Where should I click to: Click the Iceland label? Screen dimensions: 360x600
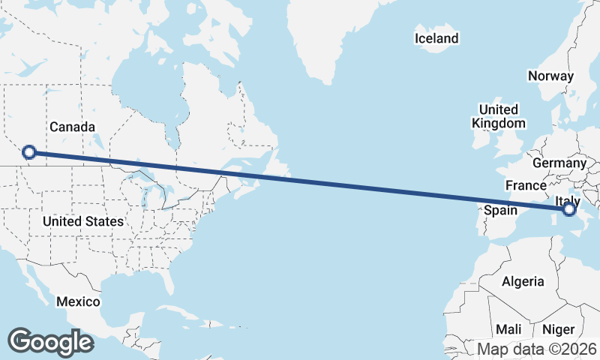coord(436,38)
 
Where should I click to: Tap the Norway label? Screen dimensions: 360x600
coord(550,76)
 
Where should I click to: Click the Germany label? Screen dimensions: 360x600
coord(559,163)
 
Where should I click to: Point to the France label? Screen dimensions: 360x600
coord(525,185)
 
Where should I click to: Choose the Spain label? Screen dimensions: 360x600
coord(500,210)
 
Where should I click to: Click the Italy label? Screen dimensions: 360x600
coord(568,199)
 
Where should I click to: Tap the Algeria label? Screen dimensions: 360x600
coord(523,282)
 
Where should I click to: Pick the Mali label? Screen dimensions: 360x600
coord(508,330)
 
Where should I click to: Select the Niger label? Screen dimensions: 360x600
coord(558,330)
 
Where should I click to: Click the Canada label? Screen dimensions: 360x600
coord(72,127)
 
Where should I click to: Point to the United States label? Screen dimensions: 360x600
coord(82,222)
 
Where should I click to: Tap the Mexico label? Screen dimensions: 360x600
coord(78,301)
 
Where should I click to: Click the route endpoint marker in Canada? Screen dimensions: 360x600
coord(28,152)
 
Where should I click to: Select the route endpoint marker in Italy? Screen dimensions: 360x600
coord(569,209)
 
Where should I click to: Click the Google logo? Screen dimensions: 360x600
coord(51,341)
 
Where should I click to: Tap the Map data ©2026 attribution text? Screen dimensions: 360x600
coord(537,349)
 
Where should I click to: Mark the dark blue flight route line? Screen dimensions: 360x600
coord(300,181)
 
